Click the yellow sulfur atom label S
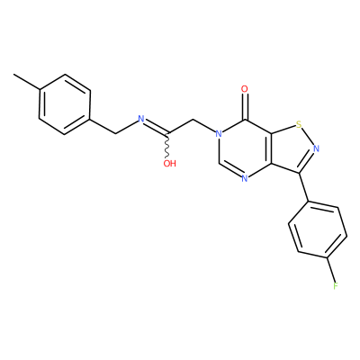click(x=298, y=124)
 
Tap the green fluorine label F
click(x=336, y=286)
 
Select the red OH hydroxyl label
click(x=169, y=164)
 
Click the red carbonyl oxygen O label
click(x=245, y=89)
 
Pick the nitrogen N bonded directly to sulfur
click(x=317, y=148)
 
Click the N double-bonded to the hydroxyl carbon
click(x=141, y=119)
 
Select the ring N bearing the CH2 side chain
click(x=220, y=134)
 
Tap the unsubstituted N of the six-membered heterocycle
click(x=245, y=179)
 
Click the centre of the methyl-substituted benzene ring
click(x=65, y=104)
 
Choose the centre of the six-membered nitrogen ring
click(x=245, y=148)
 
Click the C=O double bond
click(x=245, y=106)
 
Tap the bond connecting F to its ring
click(x=331, y=270)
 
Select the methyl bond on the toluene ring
click(x=26, y=82)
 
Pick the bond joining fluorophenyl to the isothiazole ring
click(x=305, y=187)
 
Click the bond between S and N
click(x=308, y=138)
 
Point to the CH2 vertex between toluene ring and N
click(x=116, y=133)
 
